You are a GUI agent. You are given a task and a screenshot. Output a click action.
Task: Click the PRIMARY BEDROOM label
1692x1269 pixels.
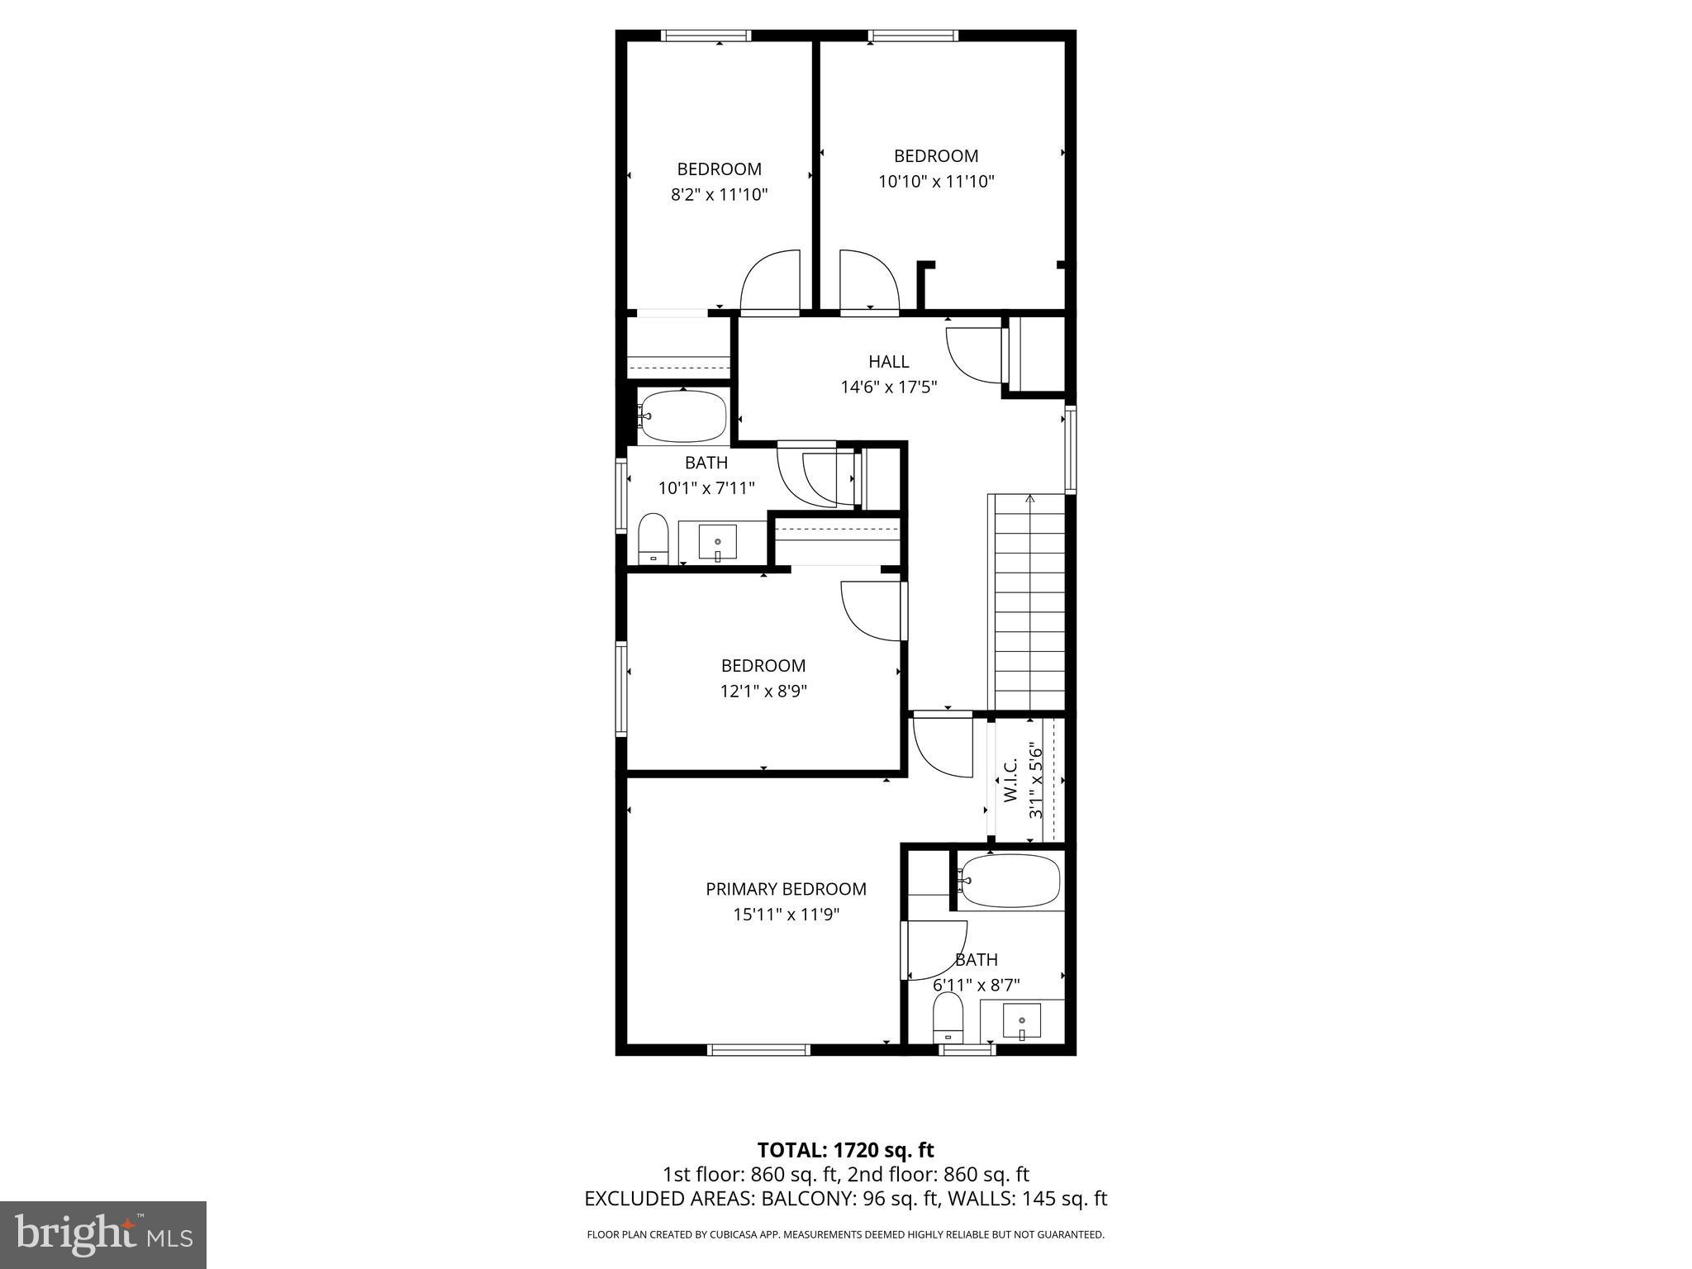click(786, 889)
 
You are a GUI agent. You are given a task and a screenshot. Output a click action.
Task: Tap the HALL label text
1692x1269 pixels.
click(888, 361)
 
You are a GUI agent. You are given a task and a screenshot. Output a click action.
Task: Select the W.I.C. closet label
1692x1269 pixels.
click(1010, 782)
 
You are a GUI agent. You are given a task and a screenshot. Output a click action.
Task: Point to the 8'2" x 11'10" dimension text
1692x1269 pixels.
click(719, 195)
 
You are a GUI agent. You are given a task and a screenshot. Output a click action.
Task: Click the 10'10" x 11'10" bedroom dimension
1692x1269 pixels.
click(935, 182)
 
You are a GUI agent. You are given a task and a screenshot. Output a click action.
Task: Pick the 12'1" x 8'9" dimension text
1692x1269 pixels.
click(763, 691)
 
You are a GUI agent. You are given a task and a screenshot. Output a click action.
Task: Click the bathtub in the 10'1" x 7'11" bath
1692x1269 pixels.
click(683, 416)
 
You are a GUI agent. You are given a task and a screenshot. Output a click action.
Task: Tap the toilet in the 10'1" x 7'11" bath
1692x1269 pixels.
click(654, 537)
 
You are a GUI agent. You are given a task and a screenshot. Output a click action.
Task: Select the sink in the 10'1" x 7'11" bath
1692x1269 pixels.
click(717, 543)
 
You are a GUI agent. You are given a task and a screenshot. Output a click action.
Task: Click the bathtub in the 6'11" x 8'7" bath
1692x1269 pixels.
click(1010, 882)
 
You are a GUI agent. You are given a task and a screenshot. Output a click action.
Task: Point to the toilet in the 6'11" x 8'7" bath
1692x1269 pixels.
click(948, 1016)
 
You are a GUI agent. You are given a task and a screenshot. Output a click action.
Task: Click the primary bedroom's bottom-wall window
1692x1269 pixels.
click(758, 1050)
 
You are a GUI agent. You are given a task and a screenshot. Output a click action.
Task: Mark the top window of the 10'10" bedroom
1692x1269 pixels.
click(913, 36)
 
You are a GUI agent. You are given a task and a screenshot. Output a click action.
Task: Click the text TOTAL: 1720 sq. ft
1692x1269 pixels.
click(845, 1149)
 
